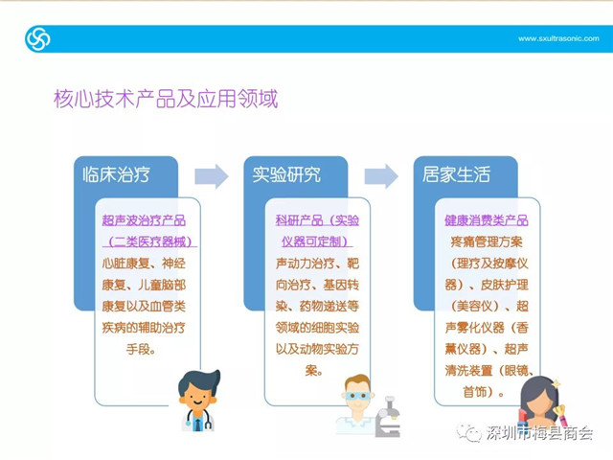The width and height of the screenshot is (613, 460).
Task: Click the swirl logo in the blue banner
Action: [x=37, y=38]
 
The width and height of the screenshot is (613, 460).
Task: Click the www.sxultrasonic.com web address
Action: [x=558, y=38]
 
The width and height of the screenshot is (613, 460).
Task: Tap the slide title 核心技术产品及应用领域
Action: [x=166, y=98]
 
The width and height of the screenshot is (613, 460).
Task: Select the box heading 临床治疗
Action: [x=116, y=174]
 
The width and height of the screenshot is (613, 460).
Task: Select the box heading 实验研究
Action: [x=286, y=174]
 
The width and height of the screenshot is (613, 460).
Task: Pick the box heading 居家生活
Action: [x=456, y=174]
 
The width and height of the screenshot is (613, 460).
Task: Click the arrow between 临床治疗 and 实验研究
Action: [x=212, y=176]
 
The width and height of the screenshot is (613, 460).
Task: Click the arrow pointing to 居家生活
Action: [x=381, y=176]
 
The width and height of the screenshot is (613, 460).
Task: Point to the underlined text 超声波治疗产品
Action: [x=144, y=220]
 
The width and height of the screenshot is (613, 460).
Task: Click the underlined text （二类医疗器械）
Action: [x=149, y=241]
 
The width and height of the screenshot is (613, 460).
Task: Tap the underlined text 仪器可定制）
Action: [x=317, y=241]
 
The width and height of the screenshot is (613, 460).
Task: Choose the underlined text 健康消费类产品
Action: [x=487, y=220]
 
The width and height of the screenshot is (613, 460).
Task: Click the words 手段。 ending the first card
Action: [x=141, y=349]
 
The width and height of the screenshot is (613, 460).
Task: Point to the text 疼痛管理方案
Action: [x=487, y=241]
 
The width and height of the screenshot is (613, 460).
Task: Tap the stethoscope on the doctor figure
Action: [x=199, y=421]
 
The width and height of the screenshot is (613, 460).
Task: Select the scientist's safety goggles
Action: [x=357, y=396]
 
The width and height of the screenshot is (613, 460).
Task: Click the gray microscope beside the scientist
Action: [x=388, y=417]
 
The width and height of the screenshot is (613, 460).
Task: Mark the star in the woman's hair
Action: [x=556, y=383]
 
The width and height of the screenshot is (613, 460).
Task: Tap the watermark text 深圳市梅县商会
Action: [x=539, y=432]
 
